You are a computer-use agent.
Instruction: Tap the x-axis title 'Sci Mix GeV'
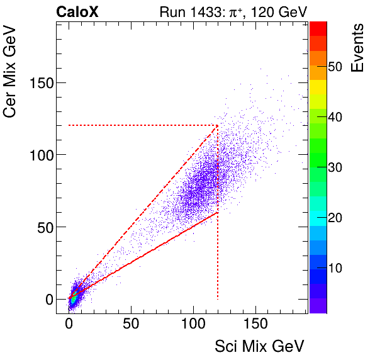pyautogui.click(x=259, y=346)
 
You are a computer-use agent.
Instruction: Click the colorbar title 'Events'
pyautogui.click(x=358, y=48)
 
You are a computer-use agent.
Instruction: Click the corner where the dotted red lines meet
pyautogui.click(x=218, y=125)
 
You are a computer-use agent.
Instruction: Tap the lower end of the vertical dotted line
pyautogui.click(x=218, y=299)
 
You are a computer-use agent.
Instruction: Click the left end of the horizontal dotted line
pyautogui.click(x=69, y=125)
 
